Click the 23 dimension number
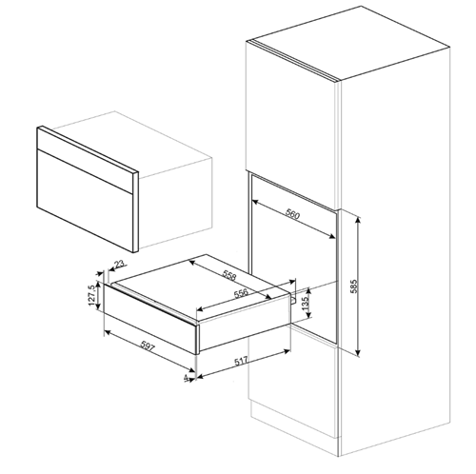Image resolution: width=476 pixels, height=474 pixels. coord(118,267)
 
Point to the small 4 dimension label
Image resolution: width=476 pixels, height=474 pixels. coord(184,379)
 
